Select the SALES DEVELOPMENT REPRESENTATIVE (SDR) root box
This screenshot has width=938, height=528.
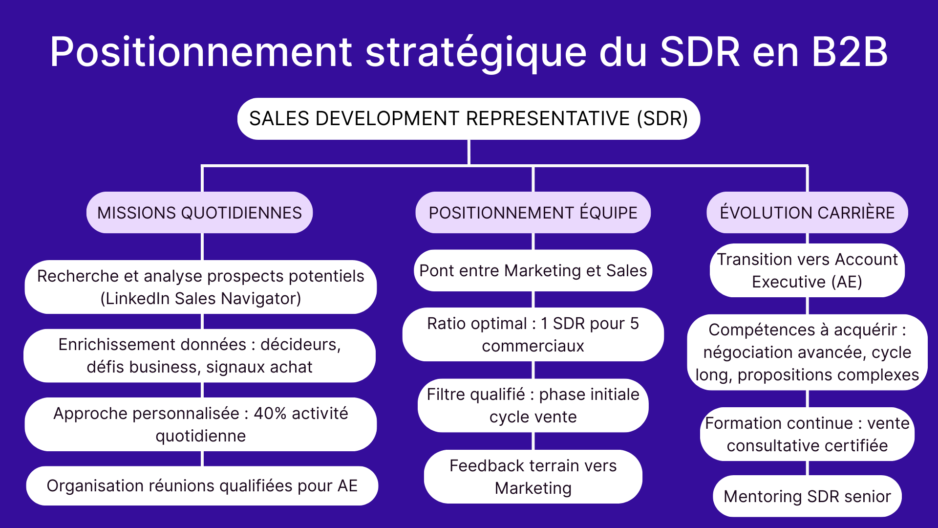[x=469, y=119]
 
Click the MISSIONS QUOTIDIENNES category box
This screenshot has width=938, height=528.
[x=199, y=213]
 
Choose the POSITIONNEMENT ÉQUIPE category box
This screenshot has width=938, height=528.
[x=533, y=213]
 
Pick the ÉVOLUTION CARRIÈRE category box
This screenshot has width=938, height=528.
[x=807, y=213]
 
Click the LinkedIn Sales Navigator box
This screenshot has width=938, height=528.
[x=200, y=287]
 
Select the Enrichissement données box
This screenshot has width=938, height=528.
[x=199, y=356]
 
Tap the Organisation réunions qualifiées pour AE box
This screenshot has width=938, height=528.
[x=202, y=486]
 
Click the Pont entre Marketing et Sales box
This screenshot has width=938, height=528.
[x=533, y=271]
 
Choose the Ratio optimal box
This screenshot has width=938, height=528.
[x=533, y=335]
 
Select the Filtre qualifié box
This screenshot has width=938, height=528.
[x=533, y=406]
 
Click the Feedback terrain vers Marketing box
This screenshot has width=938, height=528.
[x=533, y=477]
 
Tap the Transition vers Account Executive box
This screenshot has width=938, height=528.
[x=807, y=271]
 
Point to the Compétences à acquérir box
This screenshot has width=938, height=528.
[x=807, y=352]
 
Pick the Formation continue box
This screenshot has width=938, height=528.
[x=807, y=435]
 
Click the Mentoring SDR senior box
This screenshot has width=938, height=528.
[x=807, y=497]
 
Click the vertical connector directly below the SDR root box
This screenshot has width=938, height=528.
[x=469, y=153]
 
